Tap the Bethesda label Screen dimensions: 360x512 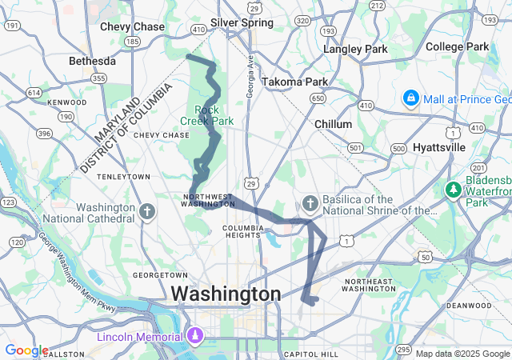click(x=92, y=61)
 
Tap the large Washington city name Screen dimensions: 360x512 click(x=226, y=294)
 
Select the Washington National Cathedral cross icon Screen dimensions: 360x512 click(x=146, y=212)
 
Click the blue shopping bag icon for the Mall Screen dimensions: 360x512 click(x=410, y=98)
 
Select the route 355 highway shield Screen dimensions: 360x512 click(x=98, y=78)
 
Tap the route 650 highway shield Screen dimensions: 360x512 click(x=318, y=98)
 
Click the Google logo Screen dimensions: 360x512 click(x=26, y=350)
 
